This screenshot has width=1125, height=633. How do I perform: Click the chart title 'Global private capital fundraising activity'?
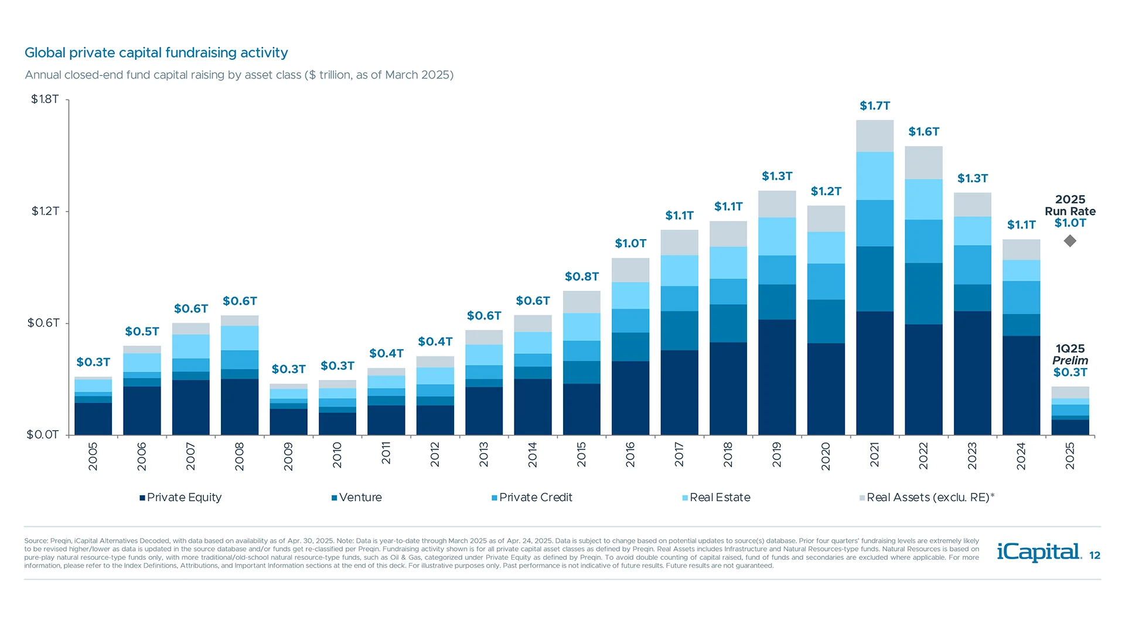(156, 53)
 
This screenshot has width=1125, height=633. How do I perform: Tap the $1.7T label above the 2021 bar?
(874, 106)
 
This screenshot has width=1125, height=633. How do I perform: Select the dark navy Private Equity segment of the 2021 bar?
(874, 373)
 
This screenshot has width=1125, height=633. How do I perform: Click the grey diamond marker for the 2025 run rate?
(1070, 241)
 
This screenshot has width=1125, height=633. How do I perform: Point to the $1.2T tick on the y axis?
(45, 211)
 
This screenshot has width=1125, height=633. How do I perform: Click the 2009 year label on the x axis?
(288, 456)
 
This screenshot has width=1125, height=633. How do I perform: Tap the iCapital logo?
(1039, 552)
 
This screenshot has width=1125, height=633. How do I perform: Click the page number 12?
(1095, 556)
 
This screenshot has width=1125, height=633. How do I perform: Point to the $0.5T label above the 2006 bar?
(142, 332)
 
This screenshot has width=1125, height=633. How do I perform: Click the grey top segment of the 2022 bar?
(923, 162)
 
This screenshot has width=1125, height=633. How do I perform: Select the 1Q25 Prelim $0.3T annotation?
(1070, 360)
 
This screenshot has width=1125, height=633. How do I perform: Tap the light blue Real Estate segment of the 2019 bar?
(777, 236)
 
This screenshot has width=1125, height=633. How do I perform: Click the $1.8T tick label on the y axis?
(45, 99)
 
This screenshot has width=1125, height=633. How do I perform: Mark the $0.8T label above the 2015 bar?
(581, 277)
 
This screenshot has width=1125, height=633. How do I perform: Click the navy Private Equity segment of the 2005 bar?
(93, 418)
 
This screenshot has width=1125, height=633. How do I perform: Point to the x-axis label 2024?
(1021, 456)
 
